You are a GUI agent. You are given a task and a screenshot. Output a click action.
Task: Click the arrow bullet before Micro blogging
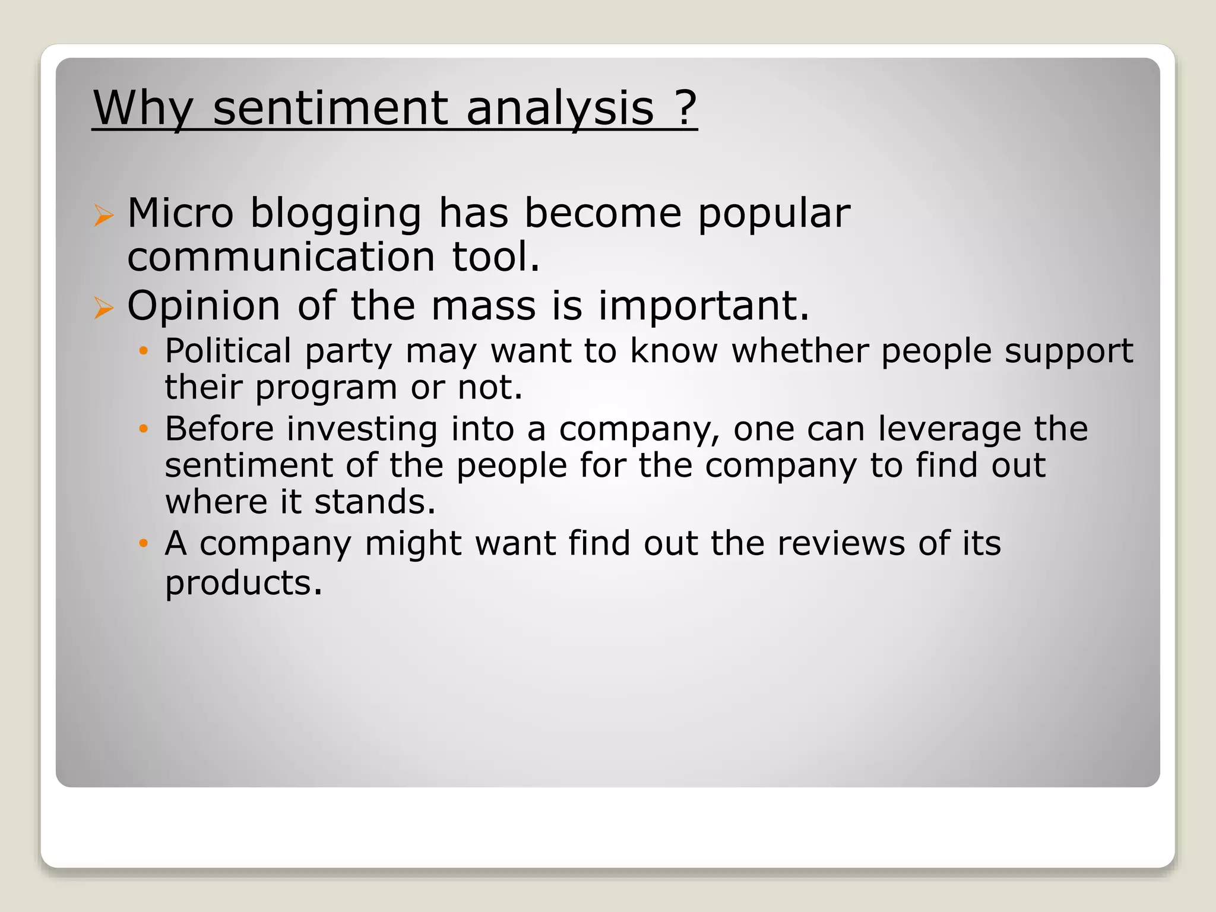pos(103,215)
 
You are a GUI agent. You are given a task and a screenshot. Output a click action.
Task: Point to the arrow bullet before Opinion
pos(103,308)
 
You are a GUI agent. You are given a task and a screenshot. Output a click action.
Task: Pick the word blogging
pos(335,214)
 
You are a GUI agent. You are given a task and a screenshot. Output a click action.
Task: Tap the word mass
pos(483,306)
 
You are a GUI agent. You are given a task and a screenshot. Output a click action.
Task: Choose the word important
pos(704,306)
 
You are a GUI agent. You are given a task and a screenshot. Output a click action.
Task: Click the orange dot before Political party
pos(142,351)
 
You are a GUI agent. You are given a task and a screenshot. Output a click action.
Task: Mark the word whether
pos(799,351)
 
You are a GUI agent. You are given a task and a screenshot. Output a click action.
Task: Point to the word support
pos(1069,352)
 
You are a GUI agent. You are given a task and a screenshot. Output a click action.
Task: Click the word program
pos(326,388)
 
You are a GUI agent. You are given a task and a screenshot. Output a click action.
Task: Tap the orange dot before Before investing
pos(142,429)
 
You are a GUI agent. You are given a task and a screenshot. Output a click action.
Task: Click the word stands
pos(375,502)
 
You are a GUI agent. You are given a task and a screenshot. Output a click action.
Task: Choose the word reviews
pos(841,543)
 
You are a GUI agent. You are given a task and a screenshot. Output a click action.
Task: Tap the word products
pos(243,583)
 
